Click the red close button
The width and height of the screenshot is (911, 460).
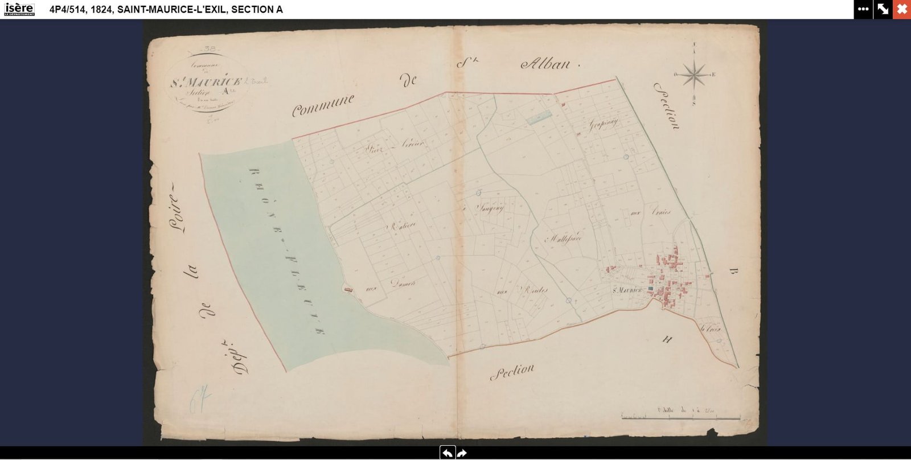902,9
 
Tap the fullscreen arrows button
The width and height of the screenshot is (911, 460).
883,9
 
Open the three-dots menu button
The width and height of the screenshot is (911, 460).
863,9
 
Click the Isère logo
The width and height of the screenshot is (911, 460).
19,9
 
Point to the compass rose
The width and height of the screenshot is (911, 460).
694,75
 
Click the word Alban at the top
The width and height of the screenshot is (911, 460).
545,64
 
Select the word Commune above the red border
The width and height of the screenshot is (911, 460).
323,105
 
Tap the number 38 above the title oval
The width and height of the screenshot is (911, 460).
209,49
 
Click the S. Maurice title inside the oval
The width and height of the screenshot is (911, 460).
206,81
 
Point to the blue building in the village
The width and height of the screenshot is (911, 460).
650,289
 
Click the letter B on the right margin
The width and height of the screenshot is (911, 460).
732,272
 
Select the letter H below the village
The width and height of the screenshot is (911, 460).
667,340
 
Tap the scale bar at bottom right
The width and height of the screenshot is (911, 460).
680,418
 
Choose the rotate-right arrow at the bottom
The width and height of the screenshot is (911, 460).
462,453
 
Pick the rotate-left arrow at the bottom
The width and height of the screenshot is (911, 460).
448,453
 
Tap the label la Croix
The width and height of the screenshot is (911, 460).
711,328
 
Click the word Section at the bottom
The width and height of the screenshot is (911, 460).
512,372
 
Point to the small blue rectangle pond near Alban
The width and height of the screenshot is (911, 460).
538,118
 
